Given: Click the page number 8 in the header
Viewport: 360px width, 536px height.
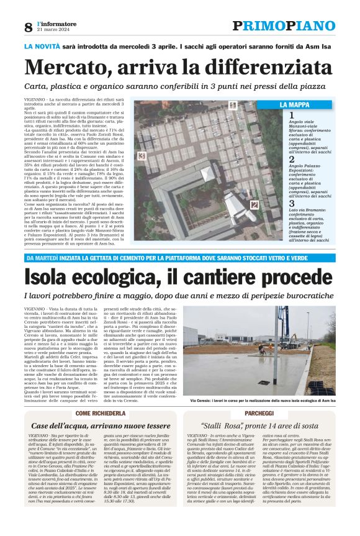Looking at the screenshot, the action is click(28, 27).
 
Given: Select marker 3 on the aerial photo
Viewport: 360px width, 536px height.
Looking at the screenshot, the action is click(142, 156).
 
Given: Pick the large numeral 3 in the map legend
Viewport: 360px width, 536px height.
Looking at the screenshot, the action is click(292, 203).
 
